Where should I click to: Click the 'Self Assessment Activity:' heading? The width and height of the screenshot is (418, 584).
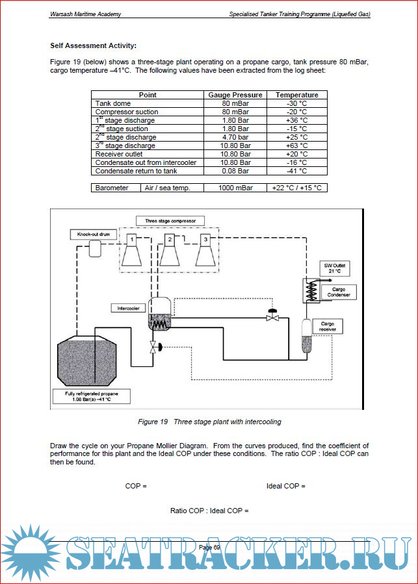tap(94, 45)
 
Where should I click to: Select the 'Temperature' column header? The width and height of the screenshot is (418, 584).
tap(296, 95)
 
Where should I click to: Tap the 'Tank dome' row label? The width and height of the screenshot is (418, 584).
tap(113, 103)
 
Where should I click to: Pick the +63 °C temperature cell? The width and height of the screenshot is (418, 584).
tap(296, 146)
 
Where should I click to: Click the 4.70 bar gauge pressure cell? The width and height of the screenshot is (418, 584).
tap(235, 137)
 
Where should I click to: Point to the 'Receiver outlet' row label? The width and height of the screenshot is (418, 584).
tap(119, 154)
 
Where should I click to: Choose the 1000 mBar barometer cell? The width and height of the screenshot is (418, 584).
tap(235, 188)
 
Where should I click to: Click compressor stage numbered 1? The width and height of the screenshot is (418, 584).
tap(132, 251)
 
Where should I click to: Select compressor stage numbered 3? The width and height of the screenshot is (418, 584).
tap(206, 251)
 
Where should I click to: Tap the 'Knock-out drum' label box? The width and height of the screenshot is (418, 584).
tap(92, 234)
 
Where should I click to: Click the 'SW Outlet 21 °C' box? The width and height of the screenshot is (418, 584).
tap(335, 269)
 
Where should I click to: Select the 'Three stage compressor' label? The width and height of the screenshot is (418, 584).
tap(170, 221)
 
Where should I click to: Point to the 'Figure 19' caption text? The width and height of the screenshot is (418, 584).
tap(209, 422)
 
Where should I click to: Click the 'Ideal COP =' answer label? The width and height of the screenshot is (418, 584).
tap(285, 486)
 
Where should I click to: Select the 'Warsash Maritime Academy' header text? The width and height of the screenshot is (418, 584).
tap(85, 14)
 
